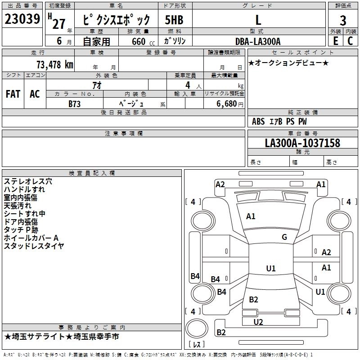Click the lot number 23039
(22, 19)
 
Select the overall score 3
(343, 20)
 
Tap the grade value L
(258, 20)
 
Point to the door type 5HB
(174, 20)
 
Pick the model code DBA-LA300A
(258, 42)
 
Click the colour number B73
(75, 103)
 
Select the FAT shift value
(13, 94)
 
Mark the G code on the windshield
(284, 237)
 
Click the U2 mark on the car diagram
(258, 322)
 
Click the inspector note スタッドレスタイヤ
(34, 246)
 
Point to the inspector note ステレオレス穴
(28, 181)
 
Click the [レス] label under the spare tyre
(197, 345)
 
